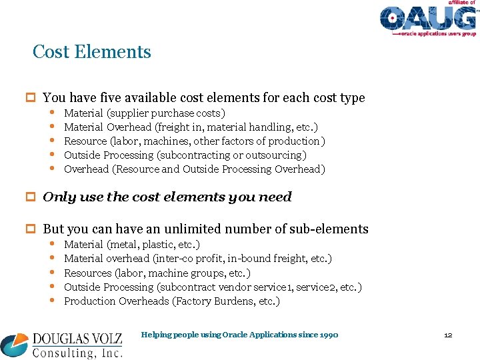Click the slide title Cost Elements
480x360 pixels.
[x=92, y=52]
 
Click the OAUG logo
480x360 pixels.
[x=428, y=19]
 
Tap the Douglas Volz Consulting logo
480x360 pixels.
[x=61, y=345]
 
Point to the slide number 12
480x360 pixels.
[x=448, y=335]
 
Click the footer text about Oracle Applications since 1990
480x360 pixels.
[x=240, y=335]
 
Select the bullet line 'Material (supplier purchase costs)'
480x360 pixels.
[x=144, y=113]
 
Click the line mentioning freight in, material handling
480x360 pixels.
[x=191, y=127]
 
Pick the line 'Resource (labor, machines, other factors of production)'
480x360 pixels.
[x=195, y=141]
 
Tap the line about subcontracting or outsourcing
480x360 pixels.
[x=185, y=155]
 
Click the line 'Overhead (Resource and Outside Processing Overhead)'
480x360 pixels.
[x=195, y=169]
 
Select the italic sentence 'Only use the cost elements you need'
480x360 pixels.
[x=167, y=197]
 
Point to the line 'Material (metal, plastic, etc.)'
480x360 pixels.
[x=132, y=245]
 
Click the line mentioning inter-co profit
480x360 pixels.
[x=198, y=258]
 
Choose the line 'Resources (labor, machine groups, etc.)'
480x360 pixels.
[x=157, y=273]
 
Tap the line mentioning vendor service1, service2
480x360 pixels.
[x=213, y=287]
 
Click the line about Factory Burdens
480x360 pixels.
[x=172, y=301]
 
